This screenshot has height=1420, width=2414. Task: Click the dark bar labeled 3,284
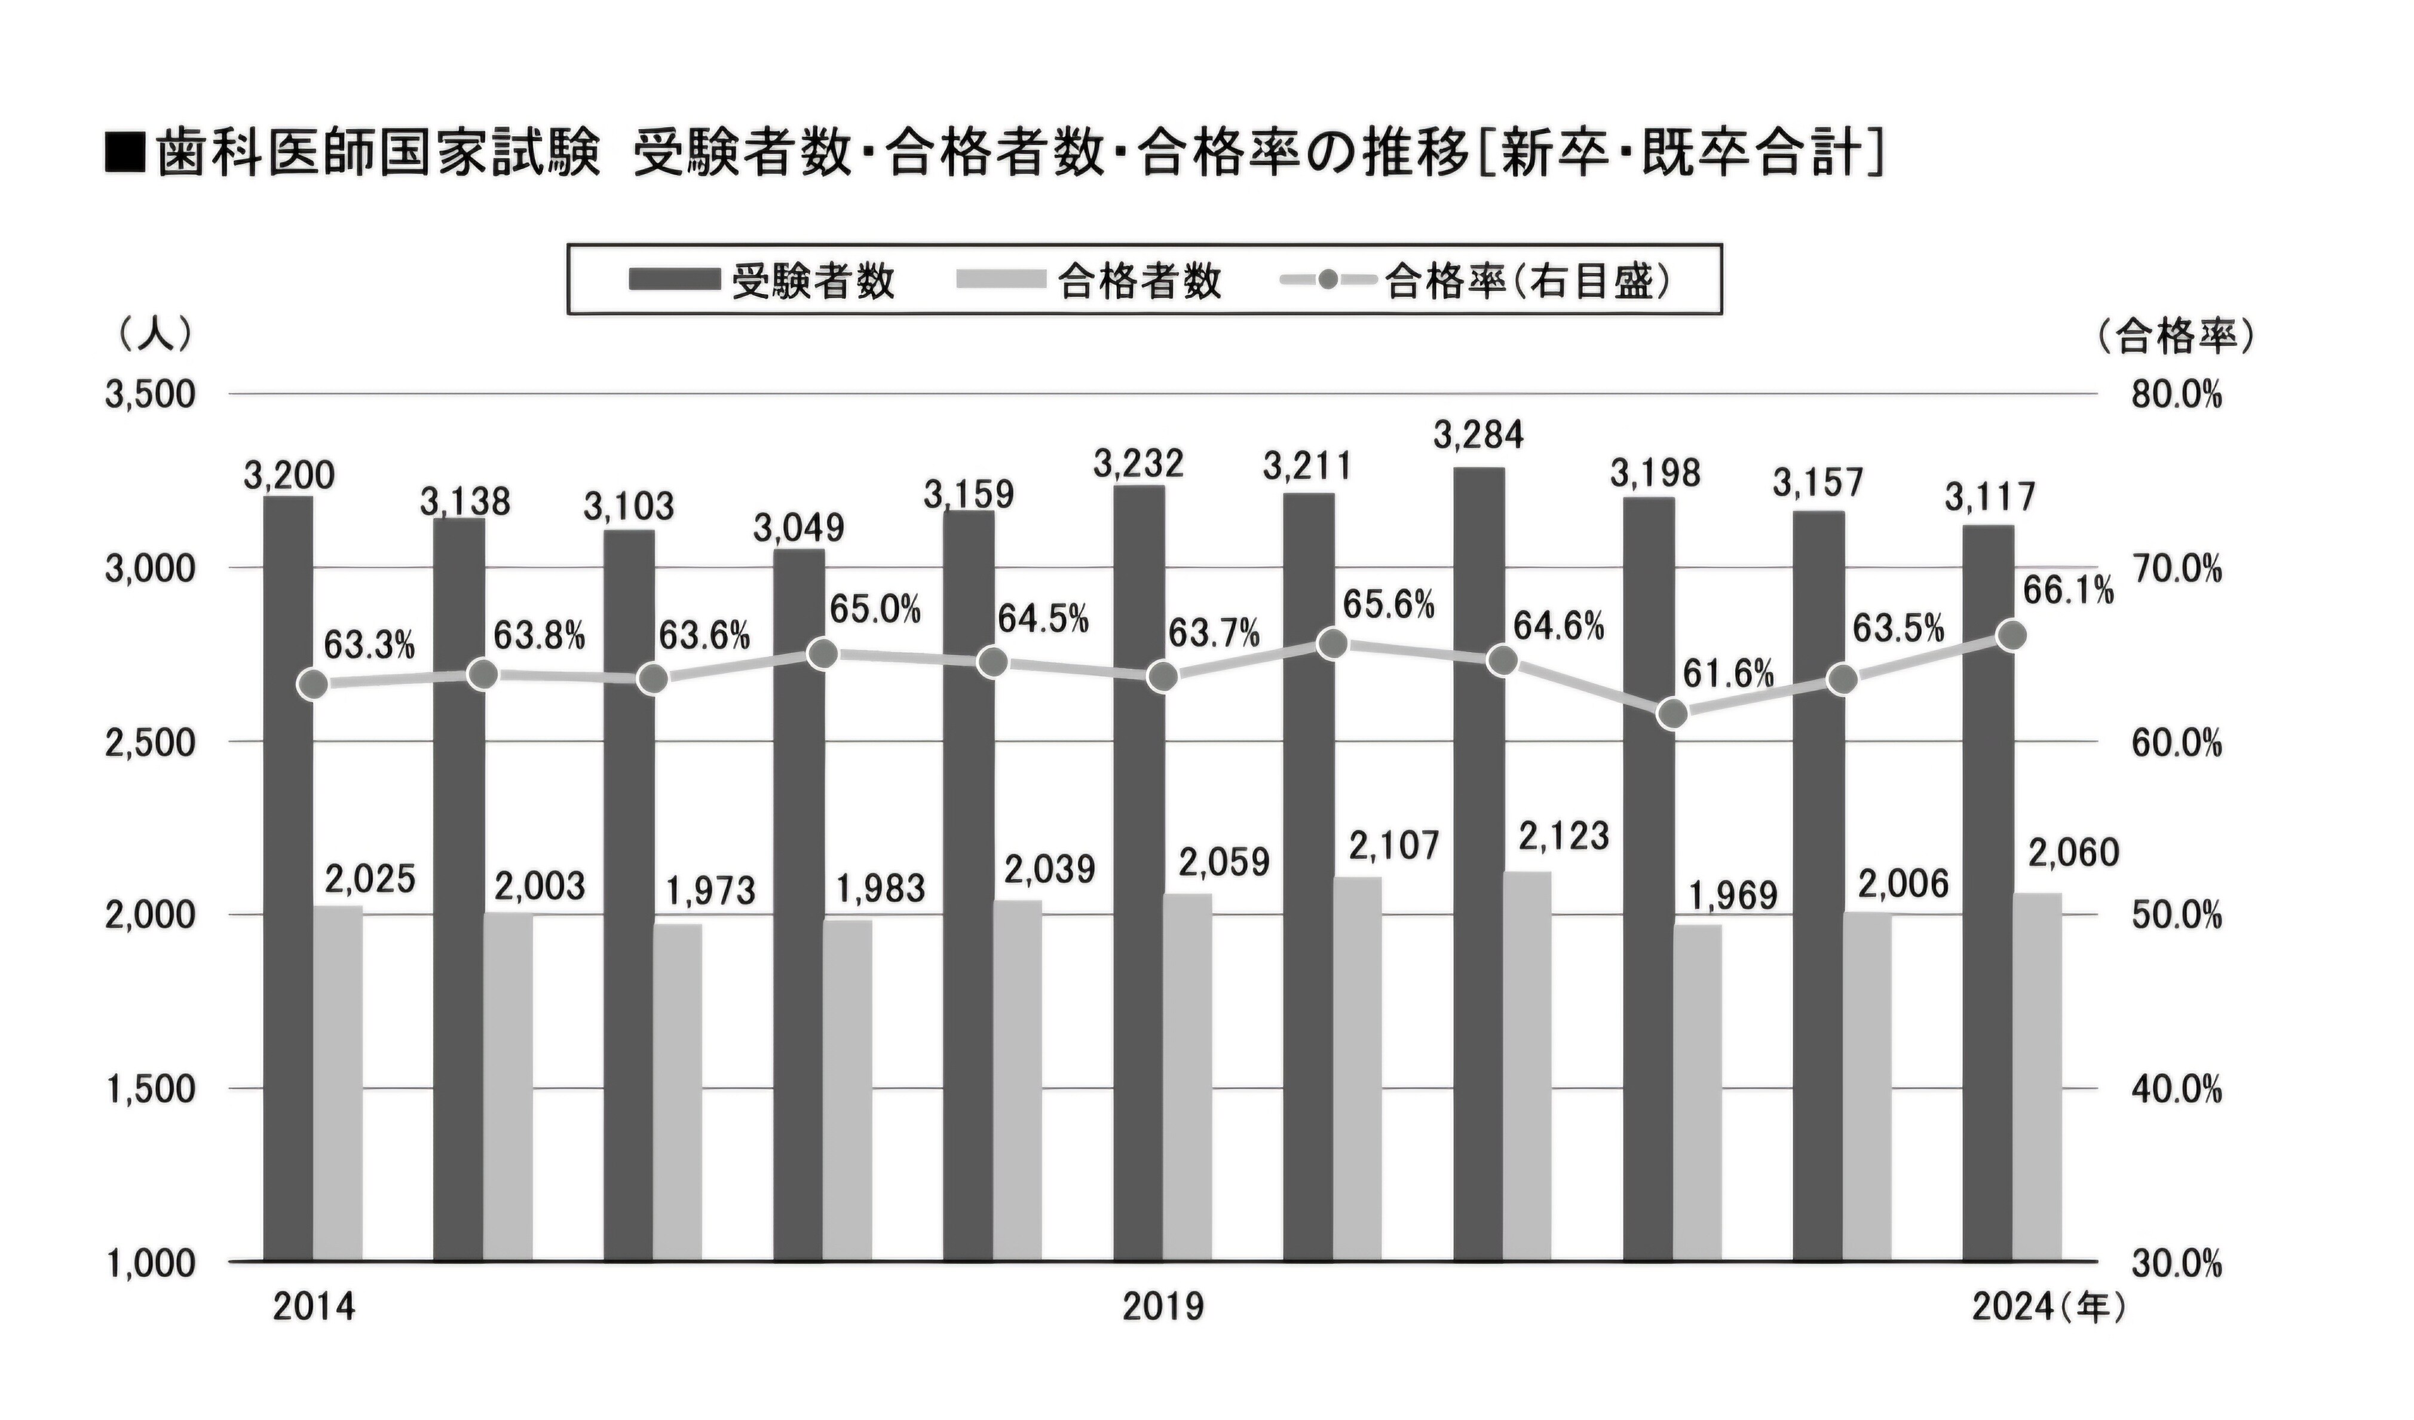click(x=1478, y=862)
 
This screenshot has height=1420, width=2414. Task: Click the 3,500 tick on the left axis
click(x=151, y=395)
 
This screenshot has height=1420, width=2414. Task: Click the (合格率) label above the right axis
click(x=2174, y=336)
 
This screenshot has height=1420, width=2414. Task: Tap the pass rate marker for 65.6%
click(x=1332, y=644)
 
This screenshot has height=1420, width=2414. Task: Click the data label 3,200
click(x=289, y=475)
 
